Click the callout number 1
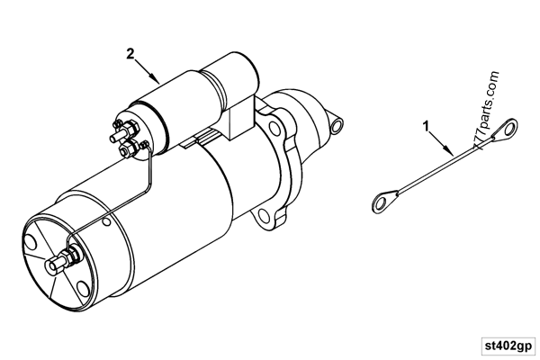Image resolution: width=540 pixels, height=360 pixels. point(426,125)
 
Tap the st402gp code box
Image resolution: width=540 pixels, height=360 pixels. point(506,344)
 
